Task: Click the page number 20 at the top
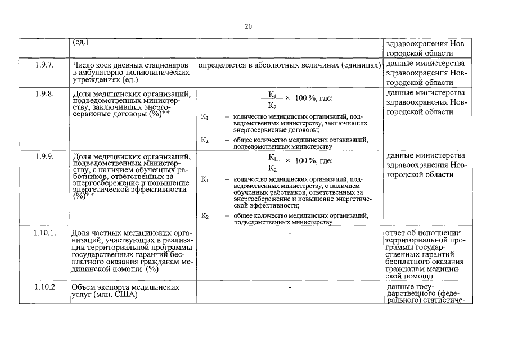[x=248, y=26]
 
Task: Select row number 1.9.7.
[x=44, y=65]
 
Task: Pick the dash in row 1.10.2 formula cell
[x=289, y=287]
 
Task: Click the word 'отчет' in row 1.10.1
[x=395, y=233]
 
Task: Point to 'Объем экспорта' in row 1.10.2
[x=99, y=287]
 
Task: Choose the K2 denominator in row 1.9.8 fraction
[x=272, y=105]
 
